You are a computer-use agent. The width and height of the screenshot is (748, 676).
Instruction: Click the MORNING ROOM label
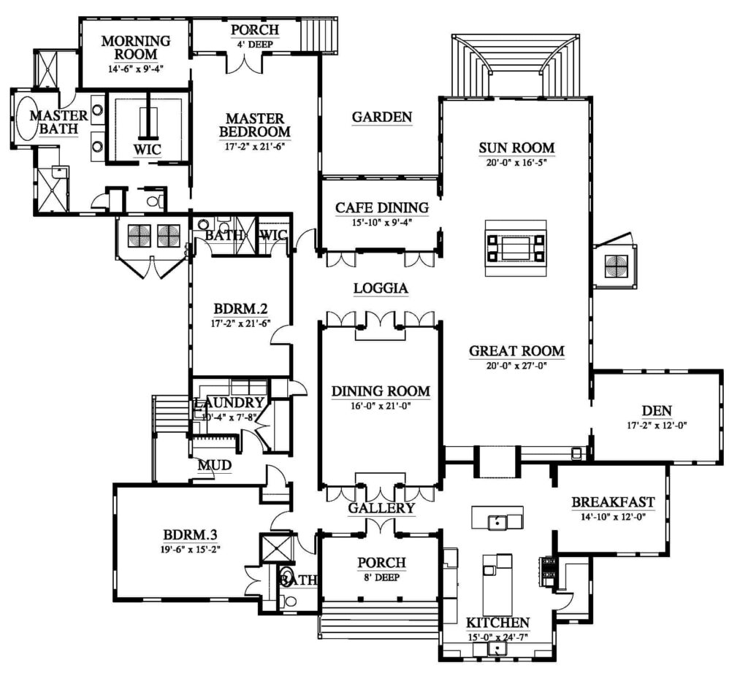click(136, 47)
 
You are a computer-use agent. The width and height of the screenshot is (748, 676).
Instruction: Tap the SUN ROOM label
click(516, 147)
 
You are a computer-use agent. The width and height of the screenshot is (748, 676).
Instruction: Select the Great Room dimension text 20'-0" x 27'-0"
click(516, 366)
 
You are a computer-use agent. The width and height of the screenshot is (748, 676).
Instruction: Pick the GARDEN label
click(381, 118)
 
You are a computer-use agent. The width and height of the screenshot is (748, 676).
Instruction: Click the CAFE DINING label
click(381, 208)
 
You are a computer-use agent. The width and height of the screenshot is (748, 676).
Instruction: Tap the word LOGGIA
click(381, 288)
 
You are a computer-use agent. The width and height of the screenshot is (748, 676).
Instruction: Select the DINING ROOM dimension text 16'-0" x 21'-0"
click(381, 406)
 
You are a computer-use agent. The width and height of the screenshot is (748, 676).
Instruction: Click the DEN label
click(657, 411)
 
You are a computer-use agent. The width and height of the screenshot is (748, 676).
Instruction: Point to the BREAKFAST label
click(613, 502)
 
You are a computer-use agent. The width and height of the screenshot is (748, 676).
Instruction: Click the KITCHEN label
click(497, 623)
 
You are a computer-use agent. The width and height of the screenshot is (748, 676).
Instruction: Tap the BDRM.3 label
click(191, 535)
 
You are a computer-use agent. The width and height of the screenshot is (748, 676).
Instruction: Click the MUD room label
click(215, 465)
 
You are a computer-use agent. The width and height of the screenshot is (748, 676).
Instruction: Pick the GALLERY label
click(381, 508)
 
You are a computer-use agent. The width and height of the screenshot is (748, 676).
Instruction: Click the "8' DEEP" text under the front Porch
click(381, 577)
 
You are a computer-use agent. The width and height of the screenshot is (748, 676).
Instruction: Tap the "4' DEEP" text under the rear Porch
click(255, 45)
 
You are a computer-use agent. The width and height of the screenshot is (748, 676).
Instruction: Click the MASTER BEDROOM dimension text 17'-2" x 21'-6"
click(255, 147)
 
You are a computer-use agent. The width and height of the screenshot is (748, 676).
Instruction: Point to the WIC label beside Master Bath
click(147, 150)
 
